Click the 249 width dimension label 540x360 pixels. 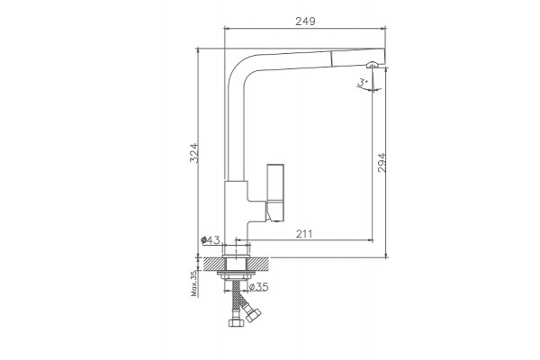tap(305, 22)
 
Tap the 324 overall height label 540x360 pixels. tap(194, 153)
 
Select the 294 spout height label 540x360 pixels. tap(382, 163)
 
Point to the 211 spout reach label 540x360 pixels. tap(304, 234)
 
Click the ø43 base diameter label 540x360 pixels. tap(211, 239)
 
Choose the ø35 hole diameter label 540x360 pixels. tap(258, 286)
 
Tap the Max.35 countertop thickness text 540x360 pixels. tap(194, 283)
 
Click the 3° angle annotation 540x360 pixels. tap(363, 82)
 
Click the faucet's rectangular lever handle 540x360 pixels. tap(275, 193)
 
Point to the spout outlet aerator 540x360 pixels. tap(373, 65)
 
